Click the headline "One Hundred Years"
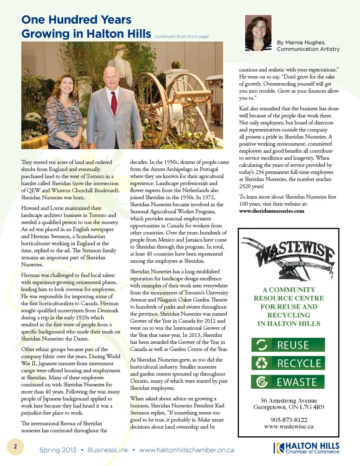coord(76,20)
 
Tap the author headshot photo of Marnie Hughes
coord(258,33)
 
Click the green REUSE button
coord(288,345)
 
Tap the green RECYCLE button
coord(288,363)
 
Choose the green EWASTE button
coord(288,382)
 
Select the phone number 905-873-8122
coord(289,420)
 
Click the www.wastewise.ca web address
coord(289,427)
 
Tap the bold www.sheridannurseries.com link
coord(271,211)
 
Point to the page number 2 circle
coord(15,446)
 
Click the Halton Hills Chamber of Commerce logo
coord(307,448)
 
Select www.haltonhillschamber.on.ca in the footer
coord(187,450)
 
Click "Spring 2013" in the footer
coord(58,450)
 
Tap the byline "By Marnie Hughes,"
coord(301,42)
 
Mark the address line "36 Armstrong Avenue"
coord(289,400)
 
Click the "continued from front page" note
coord(181,36)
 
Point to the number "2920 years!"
coord(252,186)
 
